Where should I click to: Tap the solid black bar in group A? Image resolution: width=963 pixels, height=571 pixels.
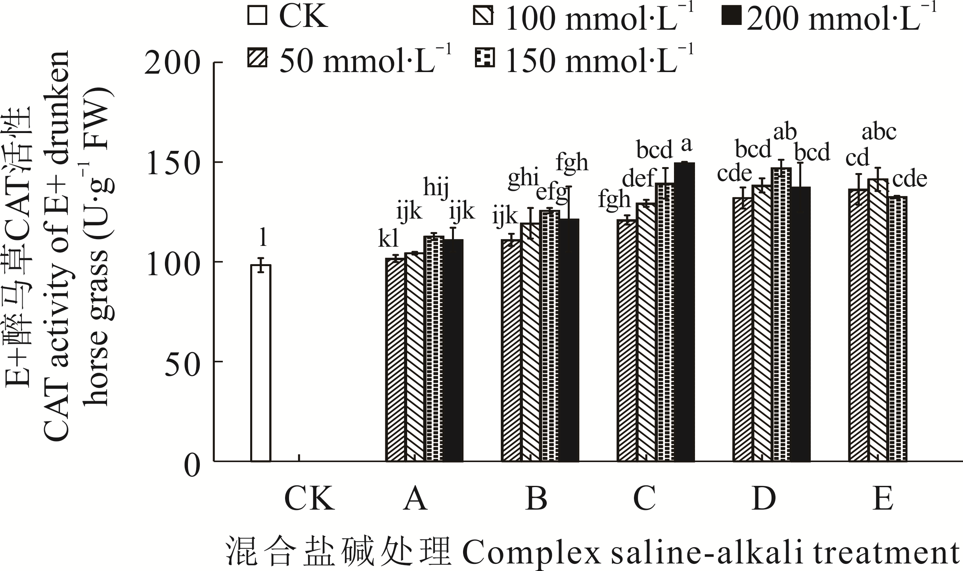[x=453, y=350]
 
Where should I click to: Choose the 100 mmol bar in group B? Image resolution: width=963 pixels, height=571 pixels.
[x=530, y=342]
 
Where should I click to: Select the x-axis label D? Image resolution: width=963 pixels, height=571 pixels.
[x=764, y=500]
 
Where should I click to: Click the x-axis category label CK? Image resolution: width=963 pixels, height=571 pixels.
[x=309, y=500]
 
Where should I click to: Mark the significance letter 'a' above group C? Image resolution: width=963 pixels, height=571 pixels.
[x=686, y=145]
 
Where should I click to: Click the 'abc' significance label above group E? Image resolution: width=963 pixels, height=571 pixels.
[x=879, y=133]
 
